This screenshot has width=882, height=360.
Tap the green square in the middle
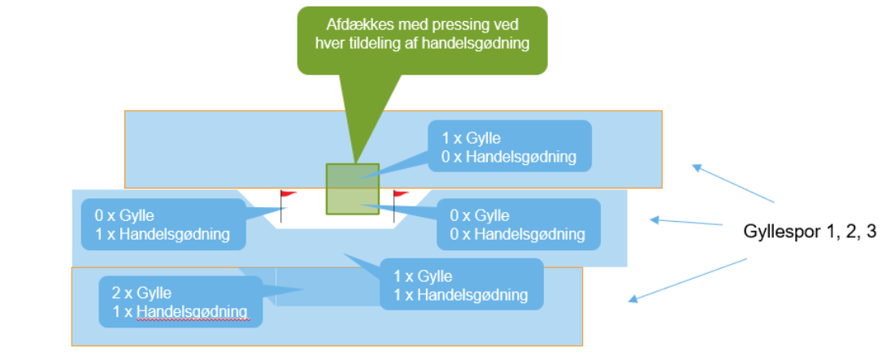click(352, 189)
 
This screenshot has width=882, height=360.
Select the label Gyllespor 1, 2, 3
click(810, 232)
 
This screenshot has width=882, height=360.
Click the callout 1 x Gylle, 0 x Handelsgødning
click(509, 147)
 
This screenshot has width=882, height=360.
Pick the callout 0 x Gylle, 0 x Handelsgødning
click(518, 225)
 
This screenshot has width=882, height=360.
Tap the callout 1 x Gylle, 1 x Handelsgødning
click(460, 284)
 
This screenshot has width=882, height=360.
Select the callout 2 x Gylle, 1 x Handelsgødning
click(180, 301)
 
